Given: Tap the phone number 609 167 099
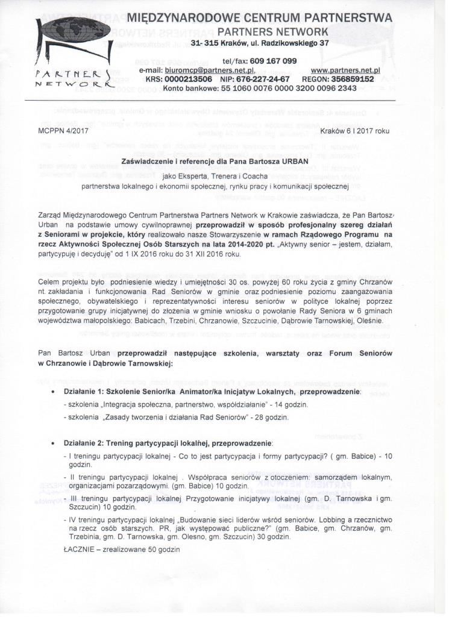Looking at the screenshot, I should click(x=272, y=61).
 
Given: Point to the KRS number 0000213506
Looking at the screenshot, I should click(x=187, y=79).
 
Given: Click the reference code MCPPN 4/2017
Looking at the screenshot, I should click(x=58, y=130).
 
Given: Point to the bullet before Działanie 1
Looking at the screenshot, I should click(x=56, y=392).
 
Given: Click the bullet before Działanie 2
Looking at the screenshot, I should click(x=56, y=443).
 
